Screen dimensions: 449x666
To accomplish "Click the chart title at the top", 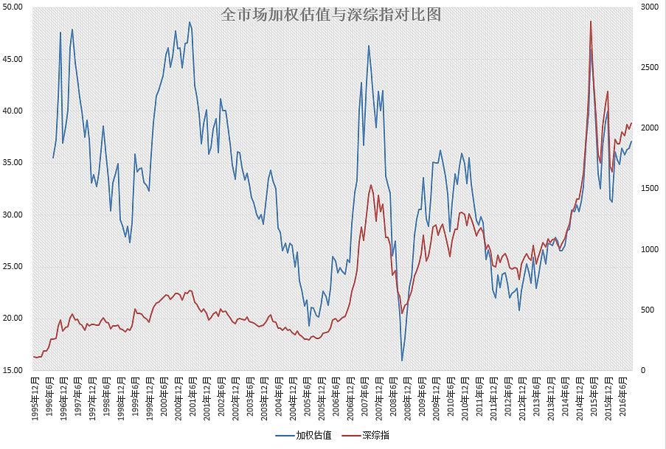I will (330, 15).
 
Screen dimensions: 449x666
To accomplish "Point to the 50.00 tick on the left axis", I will (14, 7).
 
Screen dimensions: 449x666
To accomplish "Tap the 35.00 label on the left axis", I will (14, 162).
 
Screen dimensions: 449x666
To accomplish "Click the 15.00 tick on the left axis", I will (14, 370).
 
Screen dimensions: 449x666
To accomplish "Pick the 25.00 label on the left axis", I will (14, 266).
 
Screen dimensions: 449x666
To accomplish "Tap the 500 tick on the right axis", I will (646, 310).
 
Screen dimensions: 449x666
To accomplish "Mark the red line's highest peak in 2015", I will (591, 21).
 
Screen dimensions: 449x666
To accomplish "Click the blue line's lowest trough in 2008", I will (402, 361).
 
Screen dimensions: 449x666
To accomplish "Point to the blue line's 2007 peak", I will (369, 46).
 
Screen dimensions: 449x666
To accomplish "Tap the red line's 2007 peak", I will (370, 185).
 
